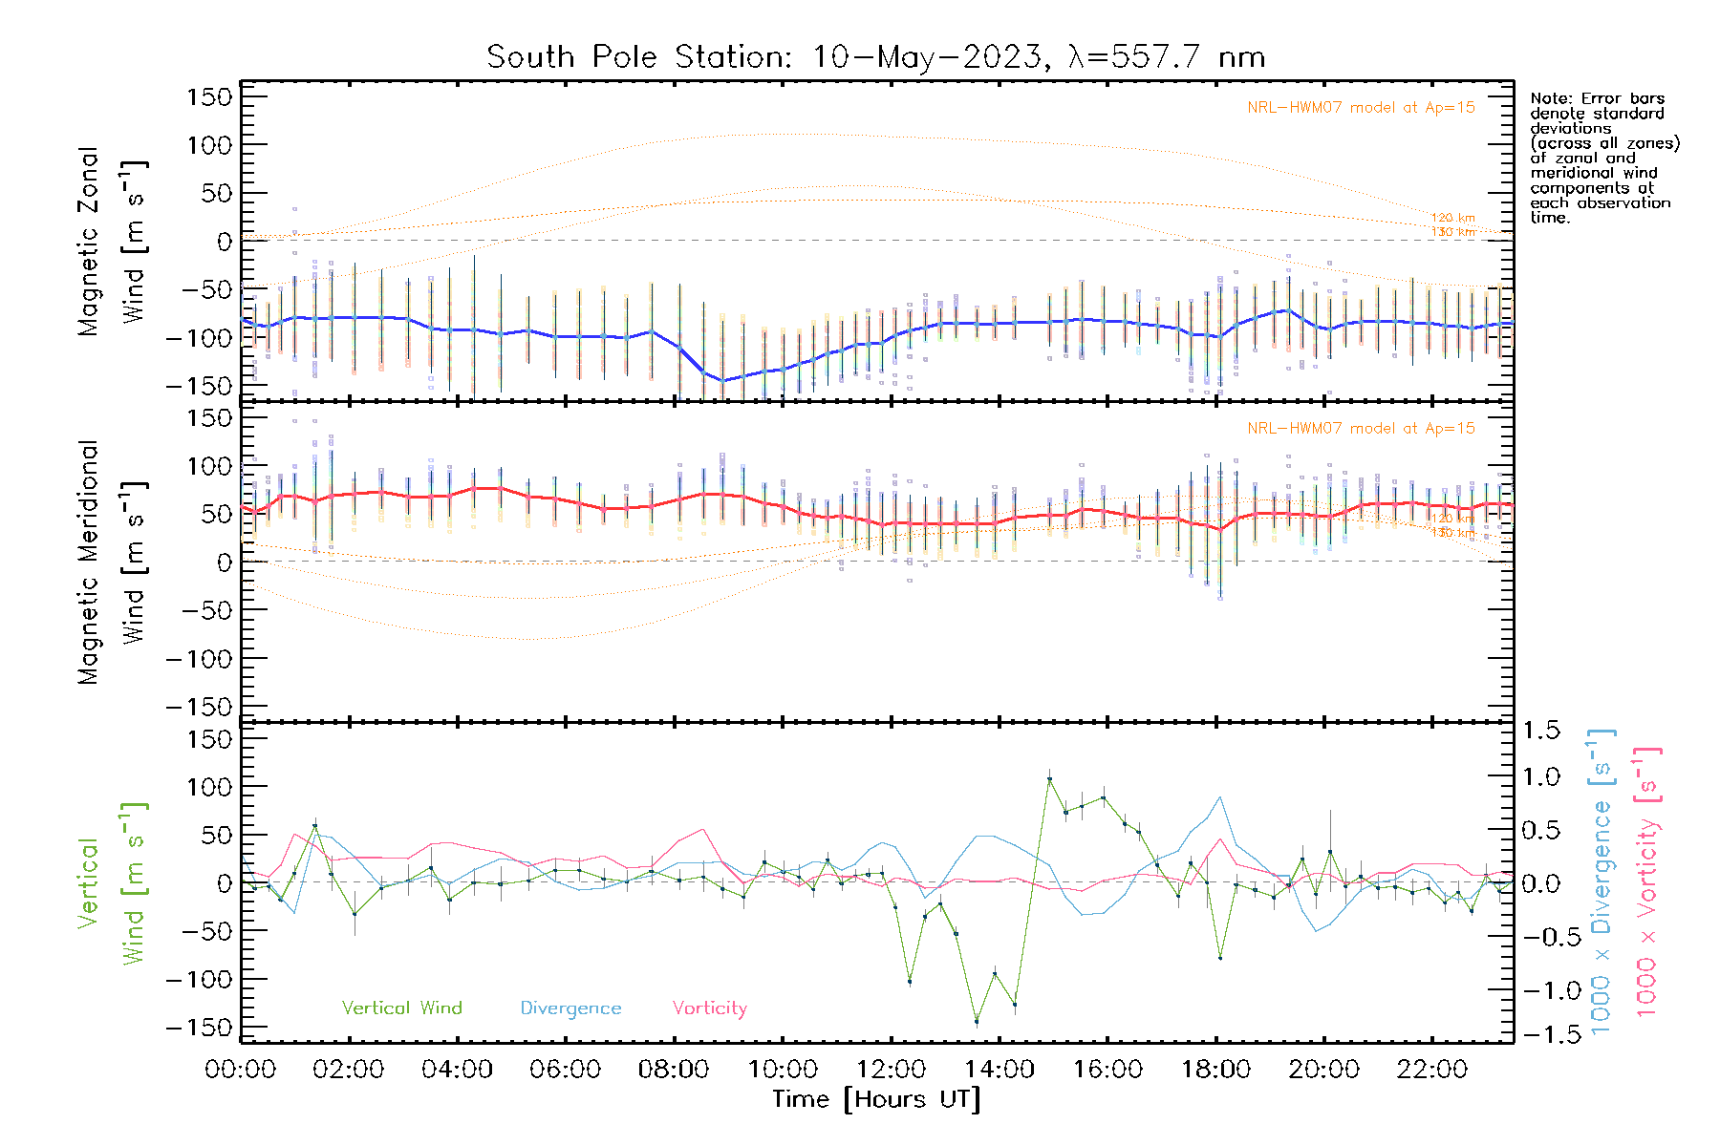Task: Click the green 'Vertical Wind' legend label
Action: pyautogui.click(x=401, y=1008)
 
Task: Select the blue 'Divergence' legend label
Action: pyautogui.click(x=570, y=1008)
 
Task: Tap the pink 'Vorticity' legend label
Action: pyautogui.click(x=709, y=1008)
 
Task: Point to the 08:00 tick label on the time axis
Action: pyautogui.click(x=674, y=1070)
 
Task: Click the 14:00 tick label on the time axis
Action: pyautogui.click(x=999, y=1070)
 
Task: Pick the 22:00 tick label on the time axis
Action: pyautogui.click(x=1431, y=1070)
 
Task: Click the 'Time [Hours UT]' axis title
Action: pyautogui.click(x=876, y=1099)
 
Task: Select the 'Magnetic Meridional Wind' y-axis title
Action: pyautogui.click(x=112, y=562)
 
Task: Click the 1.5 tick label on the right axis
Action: pyautogui.click(x=1541, y=731)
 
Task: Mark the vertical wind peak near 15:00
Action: pyautogui.click(x=1049, y=779)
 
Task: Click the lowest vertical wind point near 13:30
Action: pyautogui.click(x=976, y=1022)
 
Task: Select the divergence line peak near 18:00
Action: pyautogui.click(x=1220, y=797)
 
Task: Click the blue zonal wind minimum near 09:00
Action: pyautogui.click(x=721, y=381)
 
